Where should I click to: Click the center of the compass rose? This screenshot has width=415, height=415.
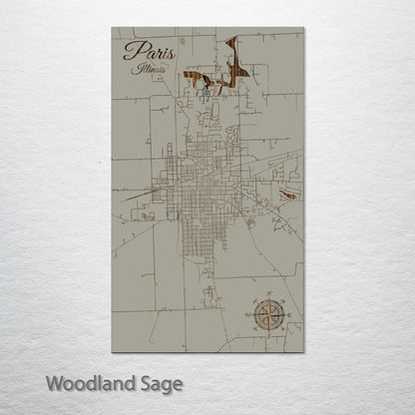point(267,314)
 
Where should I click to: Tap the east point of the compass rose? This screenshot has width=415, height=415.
point(288,314)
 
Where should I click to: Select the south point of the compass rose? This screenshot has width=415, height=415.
point(267,335)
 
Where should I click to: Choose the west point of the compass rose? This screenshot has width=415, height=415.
point(246,314)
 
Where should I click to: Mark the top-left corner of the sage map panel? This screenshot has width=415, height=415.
point(112,28)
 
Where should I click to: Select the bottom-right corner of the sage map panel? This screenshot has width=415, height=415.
point(303,352)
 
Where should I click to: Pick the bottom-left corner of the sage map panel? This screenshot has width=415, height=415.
point(112,352)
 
